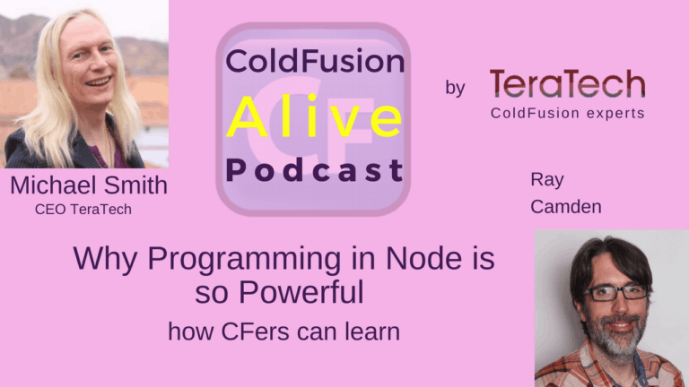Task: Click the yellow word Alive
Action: [x=315, y=116]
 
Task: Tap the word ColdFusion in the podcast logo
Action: [x=315, y=61]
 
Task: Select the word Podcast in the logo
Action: [x=315, y=171]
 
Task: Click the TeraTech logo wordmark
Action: [x=567, y=83]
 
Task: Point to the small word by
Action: [x=455, y=87]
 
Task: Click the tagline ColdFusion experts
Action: [x=568, y=113]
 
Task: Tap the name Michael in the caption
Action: [x=53, y=185]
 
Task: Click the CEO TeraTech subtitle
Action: [x=83, y=210]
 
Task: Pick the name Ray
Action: [x=547, y=180]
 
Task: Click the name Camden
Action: [x=566, y=207]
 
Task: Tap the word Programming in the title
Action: [x=244, y=259]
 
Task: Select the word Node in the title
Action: [x=423, y=258]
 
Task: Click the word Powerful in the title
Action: [x=301, y=292]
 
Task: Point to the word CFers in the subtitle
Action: [x=255, y=331]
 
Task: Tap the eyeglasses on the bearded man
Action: [x=615, y=293]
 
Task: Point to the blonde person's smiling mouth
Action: [x=98, y=82]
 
